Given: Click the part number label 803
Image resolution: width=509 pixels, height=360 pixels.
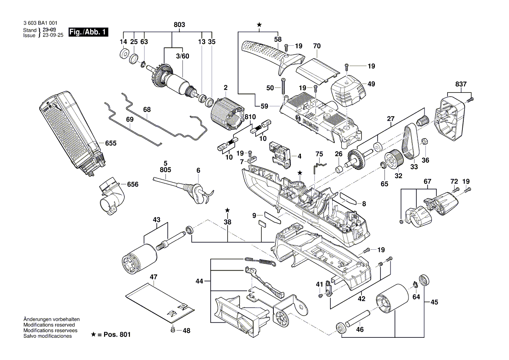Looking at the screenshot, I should [x=179, y=25].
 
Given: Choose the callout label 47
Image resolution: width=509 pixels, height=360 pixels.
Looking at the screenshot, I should [x=154, y=277].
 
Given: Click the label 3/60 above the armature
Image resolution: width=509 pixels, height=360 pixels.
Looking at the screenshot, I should [x=183, y=56].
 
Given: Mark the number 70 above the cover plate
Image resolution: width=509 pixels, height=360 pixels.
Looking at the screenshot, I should [x=317, y=46].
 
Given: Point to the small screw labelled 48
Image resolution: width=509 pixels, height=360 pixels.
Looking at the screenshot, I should [x=173, y=330].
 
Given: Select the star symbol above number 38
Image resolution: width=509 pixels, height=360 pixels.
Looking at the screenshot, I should [x=227, y=211].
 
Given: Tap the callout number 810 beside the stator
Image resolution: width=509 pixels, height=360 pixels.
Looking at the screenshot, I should [x=250, y=117].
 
